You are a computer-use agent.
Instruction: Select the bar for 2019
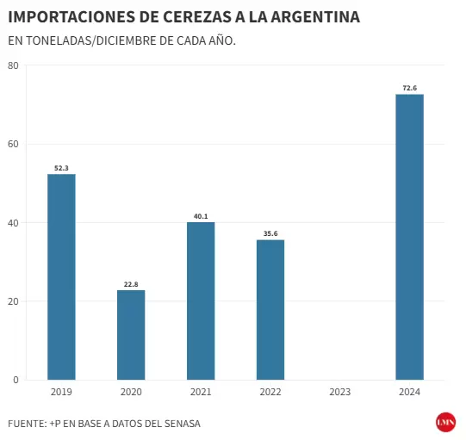61,276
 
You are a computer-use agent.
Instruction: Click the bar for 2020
131,334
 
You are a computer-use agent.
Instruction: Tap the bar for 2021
201,301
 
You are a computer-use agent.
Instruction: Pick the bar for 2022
270,309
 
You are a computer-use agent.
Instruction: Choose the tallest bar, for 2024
409,237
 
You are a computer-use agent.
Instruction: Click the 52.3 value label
61,168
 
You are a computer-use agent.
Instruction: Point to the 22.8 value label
131,284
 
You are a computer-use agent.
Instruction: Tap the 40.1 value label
201,216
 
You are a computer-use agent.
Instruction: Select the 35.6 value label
270,233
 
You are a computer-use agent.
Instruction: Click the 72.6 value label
409,88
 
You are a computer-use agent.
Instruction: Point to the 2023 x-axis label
339,392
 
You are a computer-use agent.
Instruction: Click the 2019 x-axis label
61,392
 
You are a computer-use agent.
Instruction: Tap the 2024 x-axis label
409,392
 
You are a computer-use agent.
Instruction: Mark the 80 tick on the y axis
13,65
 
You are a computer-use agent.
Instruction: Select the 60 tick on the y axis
13,144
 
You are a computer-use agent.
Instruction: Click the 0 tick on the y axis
16,379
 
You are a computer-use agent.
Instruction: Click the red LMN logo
445,422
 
